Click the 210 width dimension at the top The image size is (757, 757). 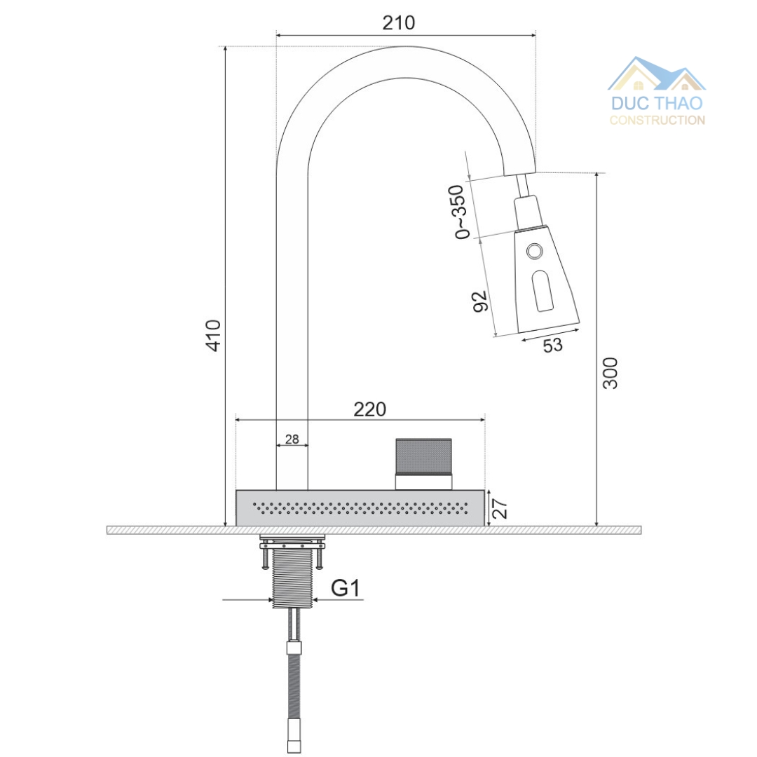pos(398,22)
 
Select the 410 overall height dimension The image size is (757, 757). pos(213,335)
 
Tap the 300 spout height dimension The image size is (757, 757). pos(611,373)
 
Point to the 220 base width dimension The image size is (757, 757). pos(370,409)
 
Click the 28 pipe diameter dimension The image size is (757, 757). pos(292,439)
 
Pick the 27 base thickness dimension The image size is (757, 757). pos(500,509)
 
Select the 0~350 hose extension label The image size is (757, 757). pos(460,212)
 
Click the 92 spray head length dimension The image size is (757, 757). pos(480,301)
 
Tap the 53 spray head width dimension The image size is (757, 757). pos(553,345)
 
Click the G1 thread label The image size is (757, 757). pos(345,589)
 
